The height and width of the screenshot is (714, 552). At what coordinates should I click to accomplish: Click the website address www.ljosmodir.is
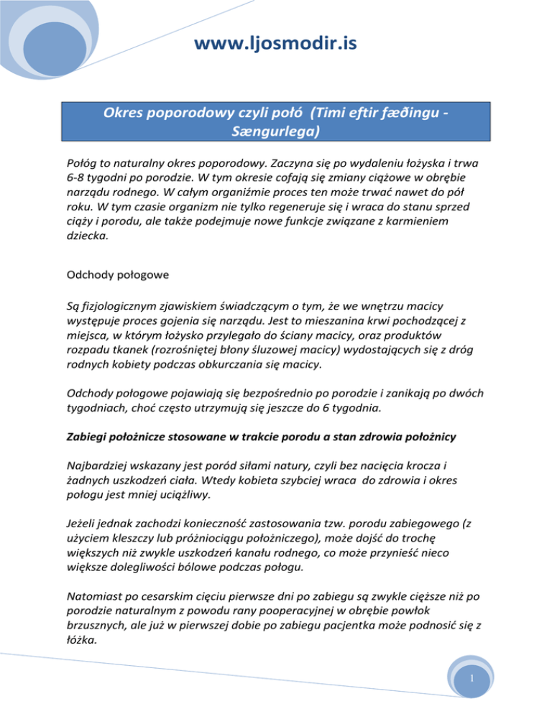point(276,45)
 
